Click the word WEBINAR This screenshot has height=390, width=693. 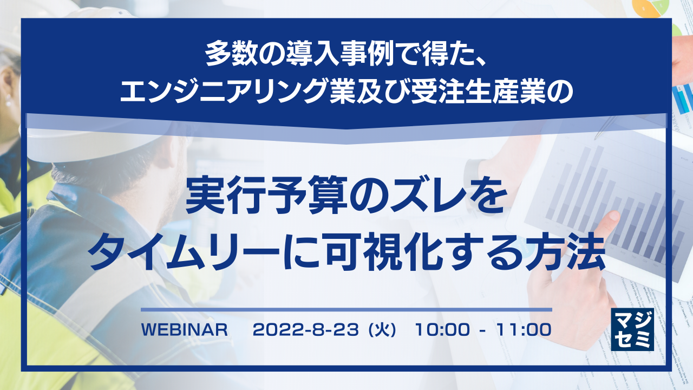(x=184, y=329)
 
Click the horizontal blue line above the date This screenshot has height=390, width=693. (x=346, y=310)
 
